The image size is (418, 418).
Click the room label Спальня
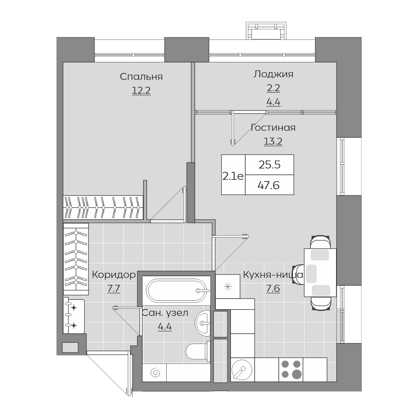[141, 77]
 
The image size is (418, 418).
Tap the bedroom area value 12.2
[141, 91]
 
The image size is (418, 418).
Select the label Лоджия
[273, 75]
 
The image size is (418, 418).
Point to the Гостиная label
[273, 127]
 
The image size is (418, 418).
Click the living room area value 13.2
[273, 141]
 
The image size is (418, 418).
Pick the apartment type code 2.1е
[233, 177]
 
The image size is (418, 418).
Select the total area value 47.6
[269, 185]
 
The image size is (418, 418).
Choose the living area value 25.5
[270, 165]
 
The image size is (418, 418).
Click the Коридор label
[114, 275]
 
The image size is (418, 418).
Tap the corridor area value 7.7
[114, 289]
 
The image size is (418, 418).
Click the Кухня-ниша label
[273, 275]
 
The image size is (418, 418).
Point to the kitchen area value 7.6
[273, 289]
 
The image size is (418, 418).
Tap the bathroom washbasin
[203, 323]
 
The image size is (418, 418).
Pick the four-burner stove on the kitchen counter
[291, 376]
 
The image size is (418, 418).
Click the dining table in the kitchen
[320, 273]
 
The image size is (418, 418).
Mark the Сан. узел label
[165, 313]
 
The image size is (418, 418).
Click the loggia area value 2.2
[273, 88]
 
